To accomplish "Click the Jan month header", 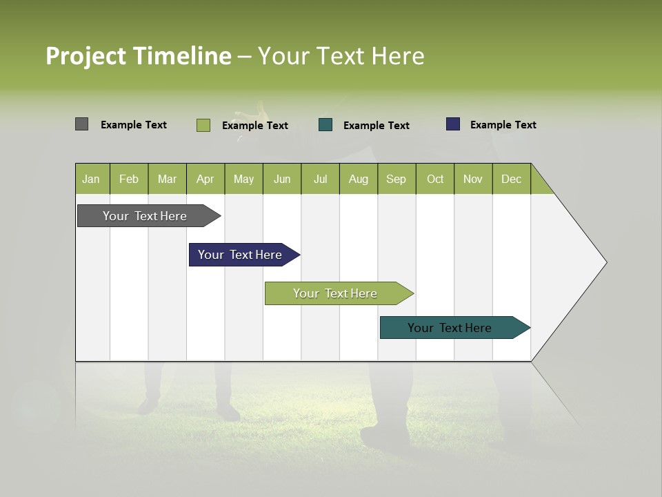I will (92, 179).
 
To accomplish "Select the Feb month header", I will (129, 179).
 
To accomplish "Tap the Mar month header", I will (167, 179).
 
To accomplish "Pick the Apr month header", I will (205, 179).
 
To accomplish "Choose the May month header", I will (243, 179).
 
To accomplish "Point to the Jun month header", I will (282, 179).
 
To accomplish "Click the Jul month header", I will (320, 179).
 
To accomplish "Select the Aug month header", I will (359, 179).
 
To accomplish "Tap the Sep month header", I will (397, 179).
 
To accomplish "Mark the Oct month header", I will (435, 179).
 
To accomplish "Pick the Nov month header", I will (473, 179).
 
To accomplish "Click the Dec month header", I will (512, 179).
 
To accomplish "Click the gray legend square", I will (81, 124).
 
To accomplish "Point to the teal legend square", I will (325, 125).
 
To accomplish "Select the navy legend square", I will (453, 124).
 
